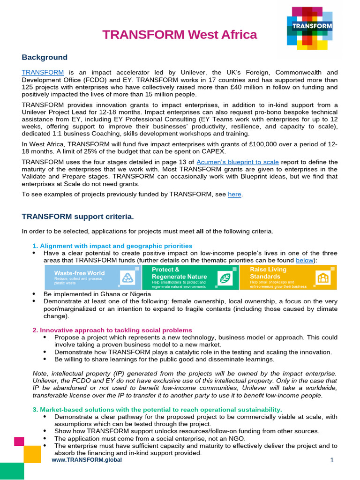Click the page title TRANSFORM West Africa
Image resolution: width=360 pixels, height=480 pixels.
pos(180,35)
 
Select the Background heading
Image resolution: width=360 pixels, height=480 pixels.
pos(45,57)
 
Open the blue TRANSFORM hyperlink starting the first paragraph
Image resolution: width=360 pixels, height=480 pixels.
pos(43,72)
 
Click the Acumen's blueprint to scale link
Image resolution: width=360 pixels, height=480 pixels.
pos(238,162)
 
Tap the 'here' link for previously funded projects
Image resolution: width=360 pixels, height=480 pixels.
pos(234,194)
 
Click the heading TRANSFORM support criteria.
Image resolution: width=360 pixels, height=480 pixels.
pos(78,217)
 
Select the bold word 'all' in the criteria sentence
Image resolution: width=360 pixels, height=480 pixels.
pos(200,231)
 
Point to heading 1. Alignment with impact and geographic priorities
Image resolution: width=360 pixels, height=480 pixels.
pos(112,246)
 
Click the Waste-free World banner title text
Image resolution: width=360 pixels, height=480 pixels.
pos(79,273)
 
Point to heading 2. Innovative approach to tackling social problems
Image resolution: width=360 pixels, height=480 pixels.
pos(112,330)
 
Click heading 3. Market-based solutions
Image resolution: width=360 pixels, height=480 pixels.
pos(157,409)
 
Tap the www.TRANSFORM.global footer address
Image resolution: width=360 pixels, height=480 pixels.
pos(87,460)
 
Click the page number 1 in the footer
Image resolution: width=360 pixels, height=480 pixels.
pos(332,460)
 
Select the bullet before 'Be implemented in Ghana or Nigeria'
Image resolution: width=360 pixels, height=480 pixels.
pos(34,293)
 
